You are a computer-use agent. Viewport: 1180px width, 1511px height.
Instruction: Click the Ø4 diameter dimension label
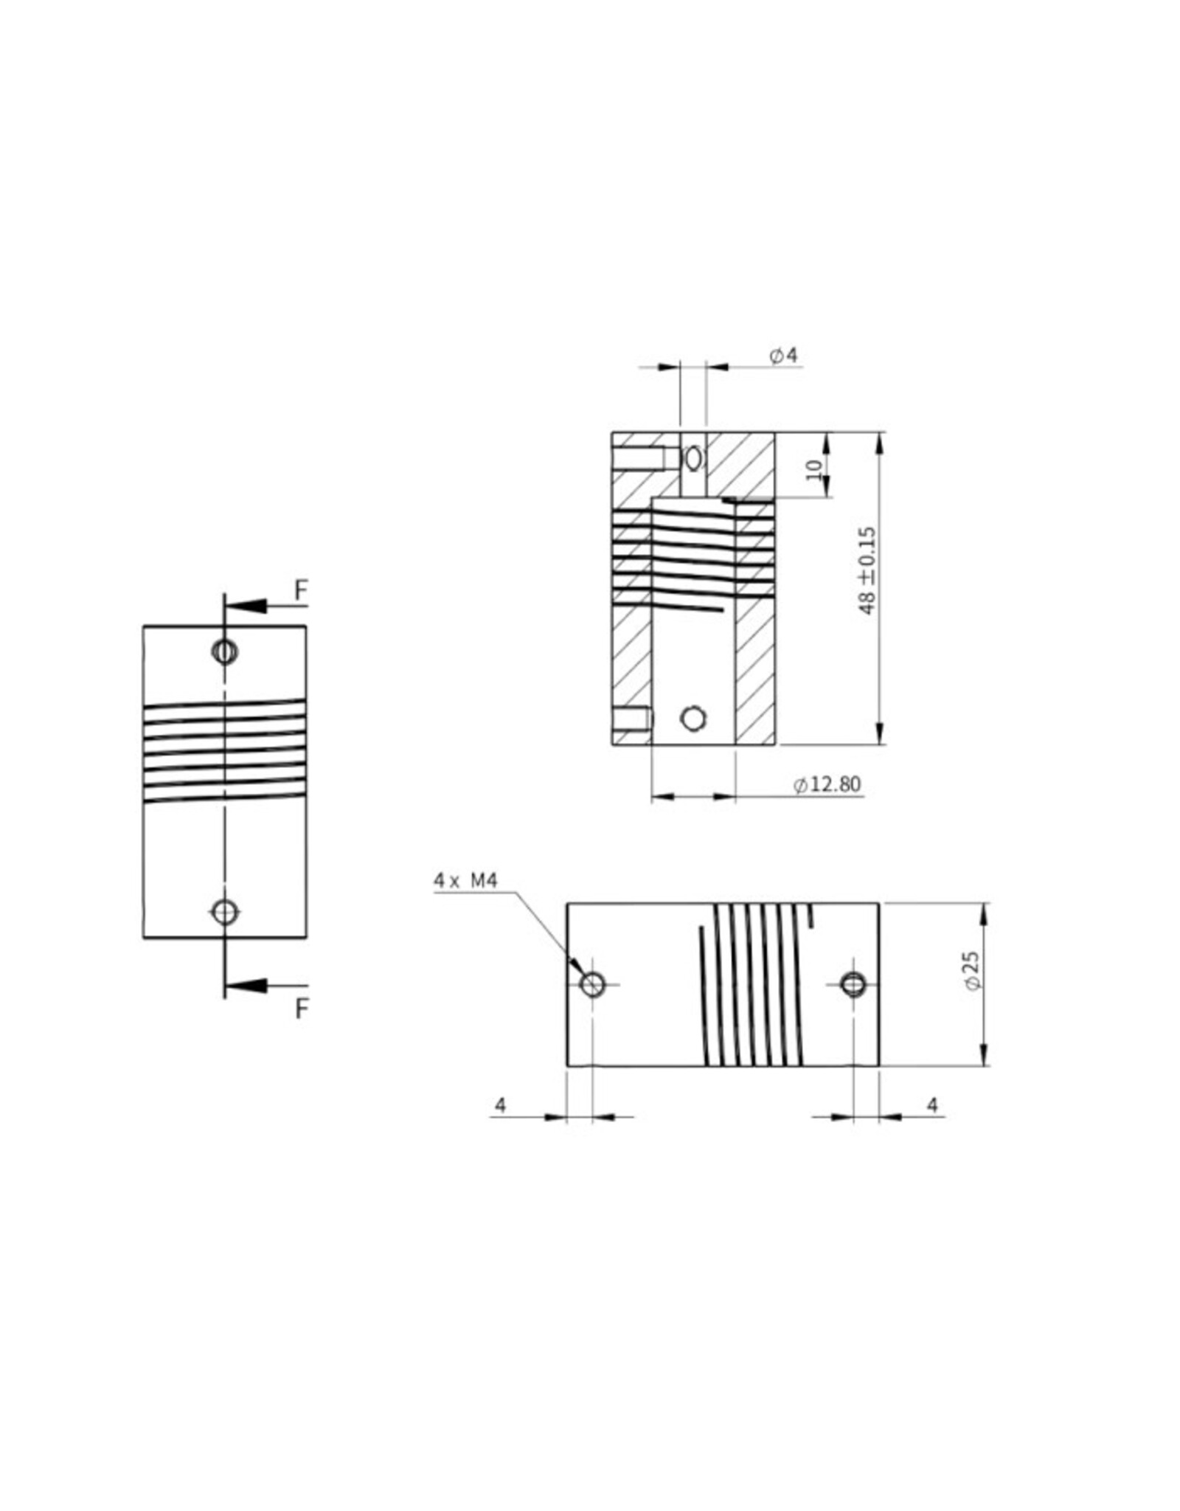coord(783,356)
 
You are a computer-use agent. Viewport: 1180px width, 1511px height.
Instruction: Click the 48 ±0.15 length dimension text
coord(867,570)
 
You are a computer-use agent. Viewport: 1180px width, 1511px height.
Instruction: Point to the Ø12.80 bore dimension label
coord(827,784)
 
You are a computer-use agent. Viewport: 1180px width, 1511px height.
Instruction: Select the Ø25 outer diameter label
coord(972,971)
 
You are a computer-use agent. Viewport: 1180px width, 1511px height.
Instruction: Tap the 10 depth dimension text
coord(814,469)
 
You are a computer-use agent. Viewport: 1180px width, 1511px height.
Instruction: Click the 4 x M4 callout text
coord(465,880)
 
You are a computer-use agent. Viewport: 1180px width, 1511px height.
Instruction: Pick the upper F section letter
coord(300,590)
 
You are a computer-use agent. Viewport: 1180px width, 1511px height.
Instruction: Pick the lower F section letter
coord(301,1009)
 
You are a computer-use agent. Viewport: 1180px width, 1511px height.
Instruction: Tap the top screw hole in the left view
coord(224,651)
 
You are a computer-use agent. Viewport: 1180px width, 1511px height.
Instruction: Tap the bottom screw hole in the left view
coord(225,912)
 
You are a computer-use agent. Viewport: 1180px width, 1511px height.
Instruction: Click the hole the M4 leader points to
coord(593,983)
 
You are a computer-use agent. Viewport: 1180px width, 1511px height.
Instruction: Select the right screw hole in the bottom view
coord(853,983)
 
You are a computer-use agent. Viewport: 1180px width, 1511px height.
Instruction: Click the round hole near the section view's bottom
coord(693,718)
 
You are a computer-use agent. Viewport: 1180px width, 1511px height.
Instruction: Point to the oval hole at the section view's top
coord(693,458)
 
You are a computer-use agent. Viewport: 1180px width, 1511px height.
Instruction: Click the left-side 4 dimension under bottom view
coord(501,1105)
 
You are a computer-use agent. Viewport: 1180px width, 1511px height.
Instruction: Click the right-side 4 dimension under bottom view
coord(932,1105)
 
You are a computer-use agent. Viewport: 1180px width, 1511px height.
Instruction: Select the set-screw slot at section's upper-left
coord(639,459)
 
